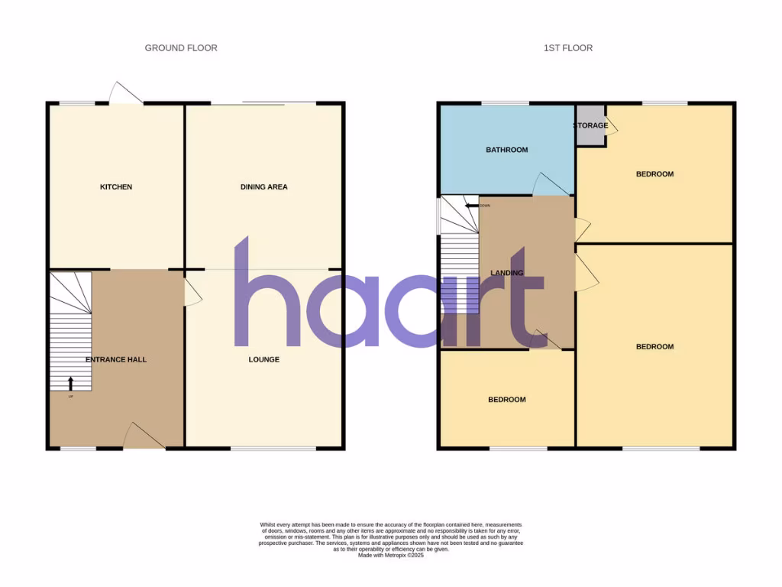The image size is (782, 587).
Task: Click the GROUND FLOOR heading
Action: click(x=181, y=48)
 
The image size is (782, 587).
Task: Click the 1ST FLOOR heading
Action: click(x=567, y=48)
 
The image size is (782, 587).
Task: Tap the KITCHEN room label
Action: click(x=116, y=187)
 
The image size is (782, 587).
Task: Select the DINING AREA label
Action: click(x=263, y=187)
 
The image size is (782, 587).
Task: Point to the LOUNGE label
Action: click(x=263, y=360)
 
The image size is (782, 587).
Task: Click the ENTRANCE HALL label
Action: click(x=116, y=360)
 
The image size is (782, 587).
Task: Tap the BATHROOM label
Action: click(x=506, y=151)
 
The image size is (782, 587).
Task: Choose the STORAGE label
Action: click(x=590, y=126)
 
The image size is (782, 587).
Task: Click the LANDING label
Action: click(x=506, y=274)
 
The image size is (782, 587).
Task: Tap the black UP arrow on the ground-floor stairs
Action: click(x=71, y=383)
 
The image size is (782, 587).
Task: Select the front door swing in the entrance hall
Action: click(x=144, y=436)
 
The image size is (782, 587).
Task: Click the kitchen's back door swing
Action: click(x=124, y=93)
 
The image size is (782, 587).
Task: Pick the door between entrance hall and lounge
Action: click(x=193, y=291)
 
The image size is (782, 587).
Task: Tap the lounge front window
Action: click(x=273, y=449)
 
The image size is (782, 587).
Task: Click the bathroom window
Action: click(x=505, y=103)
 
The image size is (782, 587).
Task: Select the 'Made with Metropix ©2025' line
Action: click(x=391, y=556)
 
